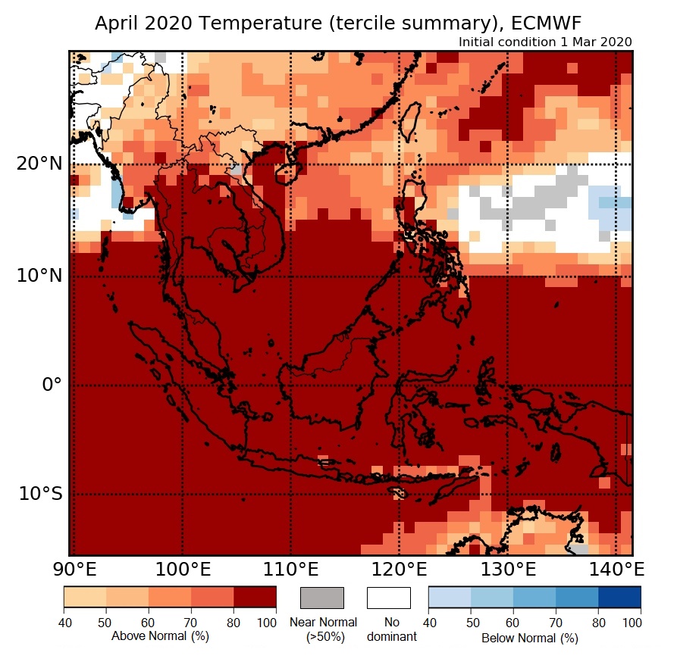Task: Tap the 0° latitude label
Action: click(48, 385)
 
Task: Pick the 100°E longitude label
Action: click(182, 568)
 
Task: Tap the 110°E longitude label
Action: click(290, 568)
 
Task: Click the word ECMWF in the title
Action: click(548, 23)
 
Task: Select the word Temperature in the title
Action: click(255, 23)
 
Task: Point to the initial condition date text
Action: click(545, 42)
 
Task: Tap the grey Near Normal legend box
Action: click(322, 598)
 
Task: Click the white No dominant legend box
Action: click(389, 598)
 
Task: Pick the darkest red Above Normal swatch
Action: click(255, 598)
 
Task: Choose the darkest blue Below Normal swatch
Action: click(619, 598)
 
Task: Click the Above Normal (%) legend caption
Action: click(160, 636)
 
